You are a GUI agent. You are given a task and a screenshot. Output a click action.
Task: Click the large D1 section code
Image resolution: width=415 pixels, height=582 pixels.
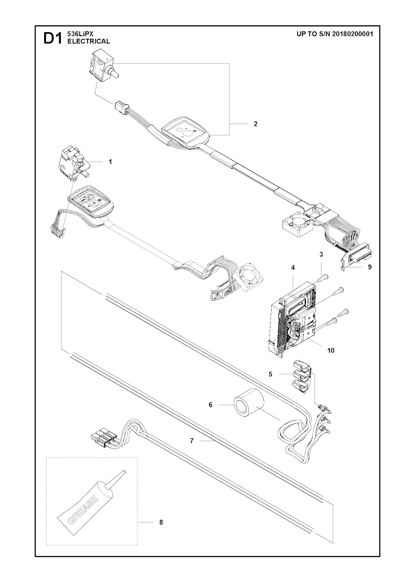pos(53,39)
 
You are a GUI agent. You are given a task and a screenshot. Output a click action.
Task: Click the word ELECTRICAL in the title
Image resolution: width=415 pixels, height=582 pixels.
pos(89,41)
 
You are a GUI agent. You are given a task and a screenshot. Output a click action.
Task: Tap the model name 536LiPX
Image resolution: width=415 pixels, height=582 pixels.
pos(78,34)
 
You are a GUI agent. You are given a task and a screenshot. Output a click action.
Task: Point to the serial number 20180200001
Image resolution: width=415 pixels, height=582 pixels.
pos(351,34)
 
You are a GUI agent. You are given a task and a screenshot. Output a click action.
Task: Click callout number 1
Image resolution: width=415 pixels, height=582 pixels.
pos(110,162)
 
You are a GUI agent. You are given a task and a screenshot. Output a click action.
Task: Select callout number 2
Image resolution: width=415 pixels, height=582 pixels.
pos(256,124)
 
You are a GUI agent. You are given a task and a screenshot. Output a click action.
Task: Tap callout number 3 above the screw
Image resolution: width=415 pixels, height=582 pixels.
pos(321,254)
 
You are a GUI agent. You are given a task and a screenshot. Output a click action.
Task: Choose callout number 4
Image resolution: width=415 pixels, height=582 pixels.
pos(293,267)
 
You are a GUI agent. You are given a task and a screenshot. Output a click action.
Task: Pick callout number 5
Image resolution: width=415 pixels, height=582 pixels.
pos(270,374)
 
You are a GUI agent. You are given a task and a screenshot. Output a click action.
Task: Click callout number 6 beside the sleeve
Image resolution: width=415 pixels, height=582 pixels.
pos(210,405)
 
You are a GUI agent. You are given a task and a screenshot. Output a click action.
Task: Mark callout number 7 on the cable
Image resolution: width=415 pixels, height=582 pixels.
pos(192,440)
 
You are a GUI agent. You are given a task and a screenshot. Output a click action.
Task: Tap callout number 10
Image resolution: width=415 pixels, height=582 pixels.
pos(331,350)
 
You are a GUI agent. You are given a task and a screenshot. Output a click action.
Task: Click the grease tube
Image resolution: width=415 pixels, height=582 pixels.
pos(91,492)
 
